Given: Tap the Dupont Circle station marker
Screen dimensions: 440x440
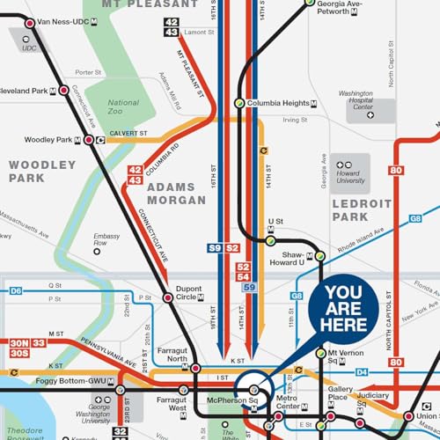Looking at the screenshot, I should coord(168,299).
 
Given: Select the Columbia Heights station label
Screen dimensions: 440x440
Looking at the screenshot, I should coord(278,104).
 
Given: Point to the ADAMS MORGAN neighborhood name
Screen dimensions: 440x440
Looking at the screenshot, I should coord(176,194).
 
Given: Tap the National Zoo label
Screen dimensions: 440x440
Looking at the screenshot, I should coord(123,108).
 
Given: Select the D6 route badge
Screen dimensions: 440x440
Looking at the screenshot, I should coord(16,290).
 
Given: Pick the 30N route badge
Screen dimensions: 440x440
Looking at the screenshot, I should coord(18,342).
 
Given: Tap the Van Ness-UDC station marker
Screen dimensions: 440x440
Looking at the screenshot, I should coord(32,23).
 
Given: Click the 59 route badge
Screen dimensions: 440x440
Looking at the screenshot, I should coord(249,288).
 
